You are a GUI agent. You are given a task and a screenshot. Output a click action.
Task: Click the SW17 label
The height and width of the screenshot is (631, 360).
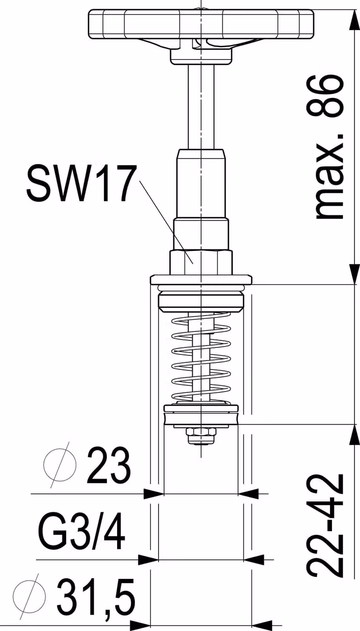(80, 184)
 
